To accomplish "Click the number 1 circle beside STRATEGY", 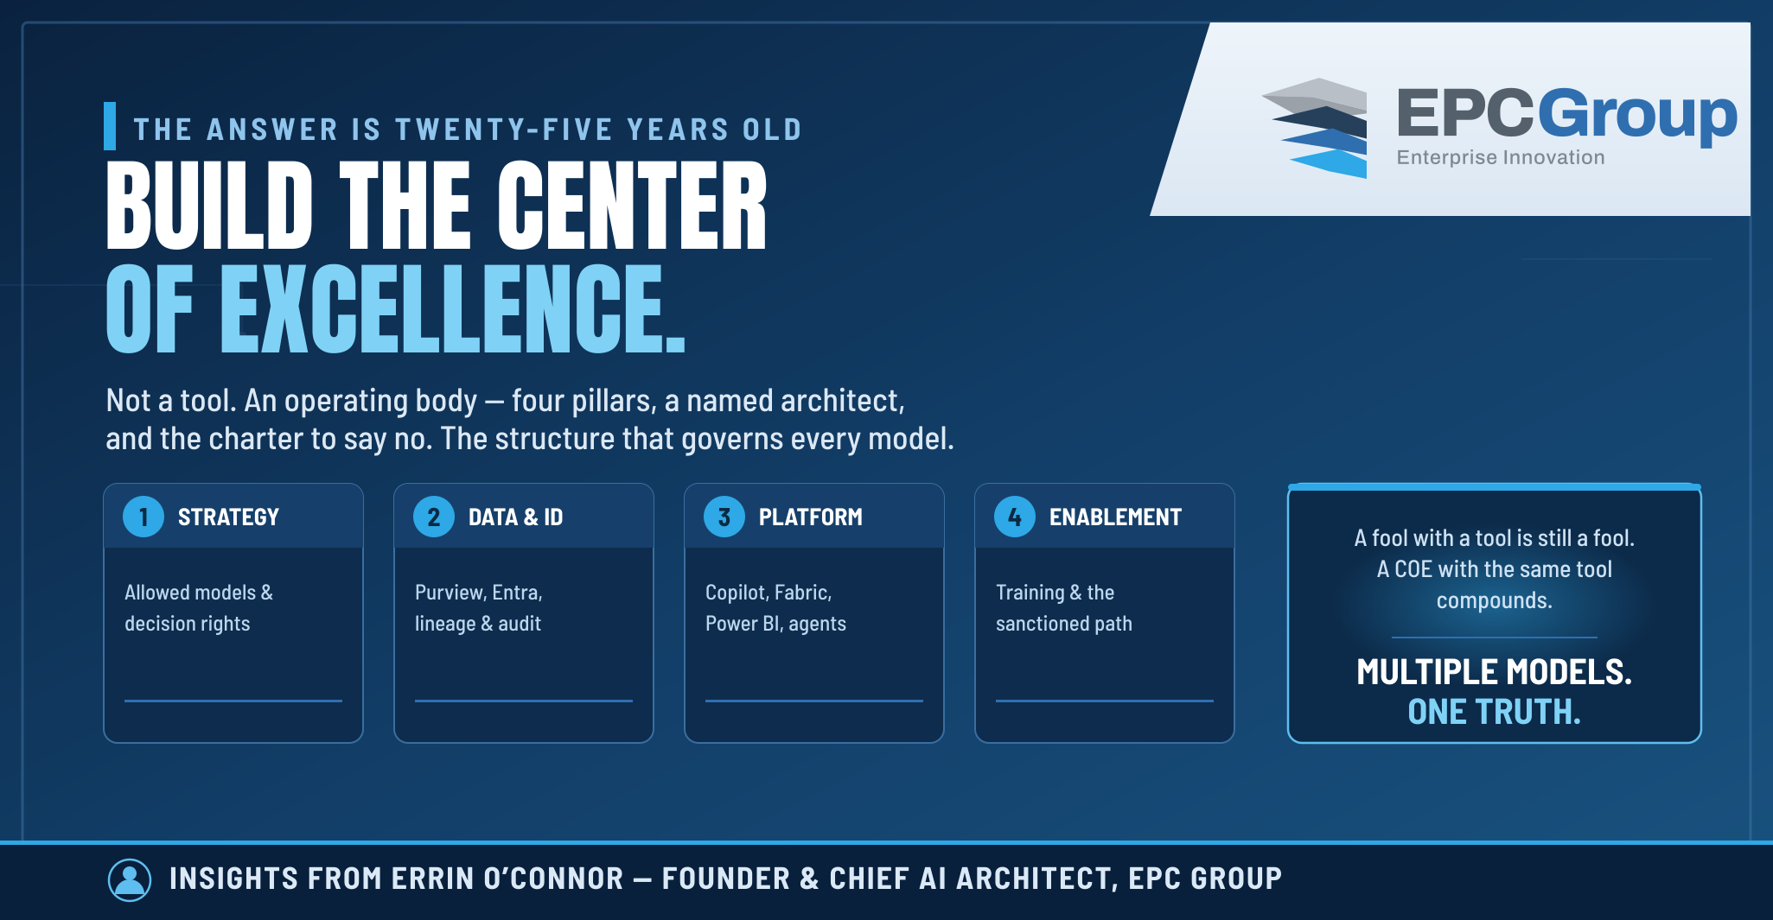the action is [x=143, y=517].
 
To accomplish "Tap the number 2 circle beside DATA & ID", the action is [x=434, y=517].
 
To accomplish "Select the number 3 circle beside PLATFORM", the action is [x=724, y=517].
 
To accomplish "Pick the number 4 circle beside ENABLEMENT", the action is [x=1015, y=517].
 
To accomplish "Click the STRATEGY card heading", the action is [x=228, y=517].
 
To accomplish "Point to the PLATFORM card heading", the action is [x=811, y=517].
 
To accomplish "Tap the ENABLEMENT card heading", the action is [x=1115, y=517].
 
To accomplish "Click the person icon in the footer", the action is [x=130, y=879].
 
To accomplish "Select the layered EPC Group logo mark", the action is [x=1316, y=128].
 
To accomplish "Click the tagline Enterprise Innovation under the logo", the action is [x=1501, y=157].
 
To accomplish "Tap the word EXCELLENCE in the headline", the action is [x=452, y=308].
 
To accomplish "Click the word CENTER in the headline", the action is [x=632, y=205].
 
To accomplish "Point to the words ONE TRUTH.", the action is [x=1494, y=712].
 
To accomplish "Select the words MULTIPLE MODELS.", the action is [x=1494, y=672].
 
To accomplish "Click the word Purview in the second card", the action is [x=450, y=593].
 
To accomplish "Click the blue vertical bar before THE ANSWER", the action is [x=110, y=126].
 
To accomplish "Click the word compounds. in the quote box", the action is [x=1494, y=600].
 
